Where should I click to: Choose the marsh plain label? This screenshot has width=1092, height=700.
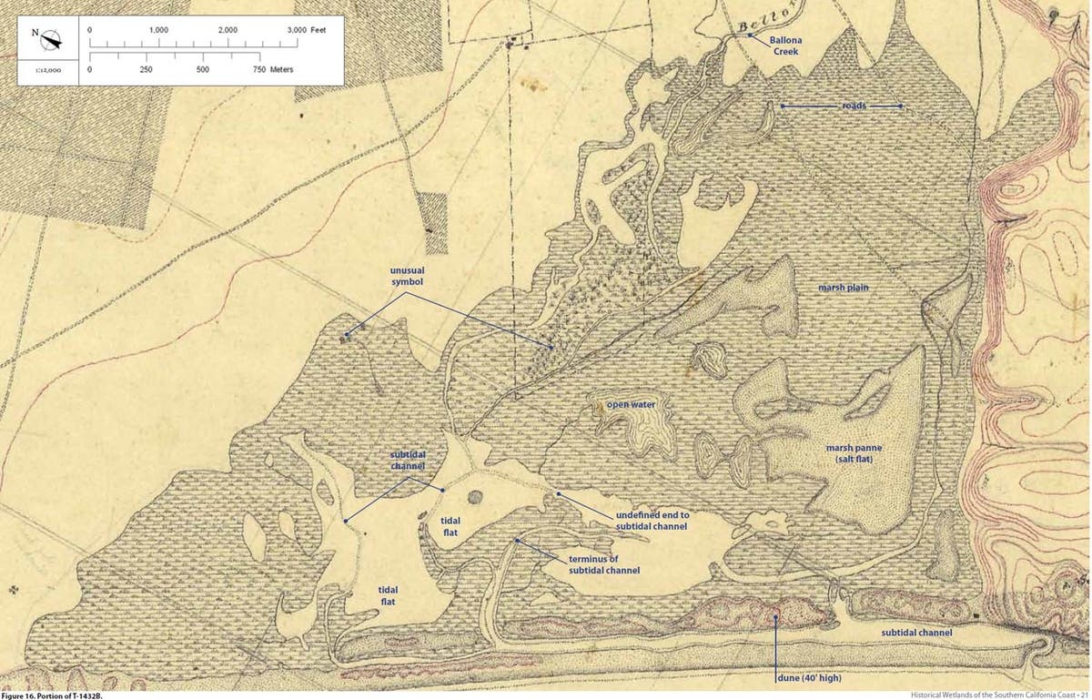pos(843,288)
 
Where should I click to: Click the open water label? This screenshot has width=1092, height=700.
pos(632,401)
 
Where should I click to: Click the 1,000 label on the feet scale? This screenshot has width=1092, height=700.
pos(158,31)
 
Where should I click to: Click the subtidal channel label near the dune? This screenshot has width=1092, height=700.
pos(915,632)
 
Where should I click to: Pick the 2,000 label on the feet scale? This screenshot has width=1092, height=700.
pos(227,31)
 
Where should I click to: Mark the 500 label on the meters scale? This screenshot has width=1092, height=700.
pos(203,69)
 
